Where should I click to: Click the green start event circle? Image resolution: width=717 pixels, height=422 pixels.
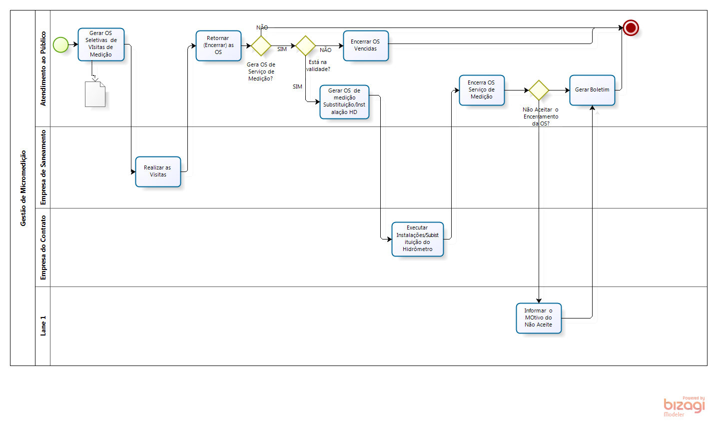point(60,44)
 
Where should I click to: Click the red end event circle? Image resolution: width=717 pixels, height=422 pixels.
point(631,28)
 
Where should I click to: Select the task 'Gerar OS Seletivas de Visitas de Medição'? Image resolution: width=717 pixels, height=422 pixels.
point(101,44)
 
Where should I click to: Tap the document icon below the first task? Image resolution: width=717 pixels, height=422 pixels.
point(95,94)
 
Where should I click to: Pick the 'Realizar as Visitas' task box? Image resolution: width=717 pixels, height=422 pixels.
point(158,171)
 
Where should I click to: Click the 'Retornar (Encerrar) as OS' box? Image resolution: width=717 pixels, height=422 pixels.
point(218,45)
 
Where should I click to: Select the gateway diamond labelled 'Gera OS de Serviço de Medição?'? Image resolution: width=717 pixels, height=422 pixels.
point(261,45)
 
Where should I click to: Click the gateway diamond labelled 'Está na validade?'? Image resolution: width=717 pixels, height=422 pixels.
point(305,45)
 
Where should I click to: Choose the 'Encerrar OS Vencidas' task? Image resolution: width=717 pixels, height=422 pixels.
point(366,45)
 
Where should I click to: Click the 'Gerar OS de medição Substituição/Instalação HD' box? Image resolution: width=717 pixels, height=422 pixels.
point(344,101)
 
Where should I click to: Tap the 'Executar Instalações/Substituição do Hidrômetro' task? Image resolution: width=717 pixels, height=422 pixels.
point(418,239)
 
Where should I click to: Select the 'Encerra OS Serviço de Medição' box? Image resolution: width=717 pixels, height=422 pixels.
point(482,90)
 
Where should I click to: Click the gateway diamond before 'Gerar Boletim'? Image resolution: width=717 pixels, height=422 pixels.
point(539,90)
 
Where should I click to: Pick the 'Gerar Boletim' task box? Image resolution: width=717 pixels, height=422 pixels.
point(592,90)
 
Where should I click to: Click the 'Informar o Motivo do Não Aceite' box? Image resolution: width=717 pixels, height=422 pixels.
point(539,318)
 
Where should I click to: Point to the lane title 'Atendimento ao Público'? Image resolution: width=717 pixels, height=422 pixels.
point(43,68)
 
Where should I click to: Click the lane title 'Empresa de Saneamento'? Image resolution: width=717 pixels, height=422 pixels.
point(43,167)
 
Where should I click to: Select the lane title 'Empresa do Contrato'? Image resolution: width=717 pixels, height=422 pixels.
point(43,247)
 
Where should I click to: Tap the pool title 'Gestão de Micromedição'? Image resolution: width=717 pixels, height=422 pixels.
point(23,188)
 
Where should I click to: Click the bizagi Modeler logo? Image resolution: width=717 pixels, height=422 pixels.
point(684,406)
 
